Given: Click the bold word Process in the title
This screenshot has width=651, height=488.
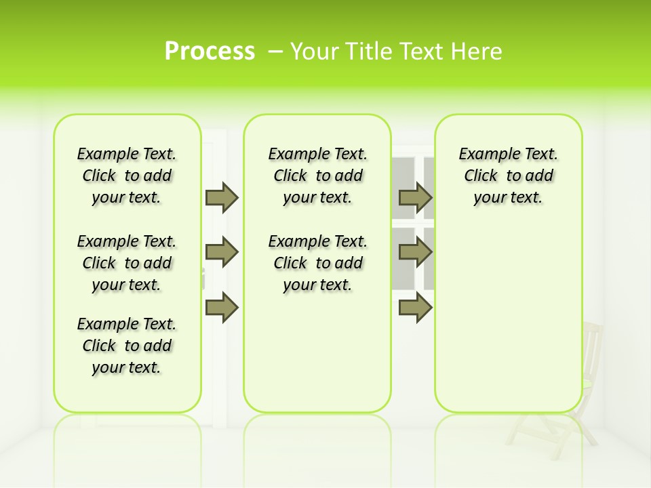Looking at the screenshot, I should click(x=210, y=52).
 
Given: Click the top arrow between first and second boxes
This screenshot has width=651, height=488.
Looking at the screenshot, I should click(x=222, y=198).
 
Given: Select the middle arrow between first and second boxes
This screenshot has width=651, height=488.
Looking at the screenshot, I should click(x=222, y=253).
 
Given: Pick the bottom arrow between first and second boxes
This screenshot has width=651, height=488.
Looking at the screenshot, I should click(x=222, y=307).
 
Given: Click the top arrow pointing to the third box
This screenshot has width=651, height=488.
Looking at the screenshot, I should click(x=415, y=198).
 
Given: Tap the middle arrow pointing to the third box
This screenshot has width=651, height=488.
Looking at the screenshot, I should click(x=415, y=253).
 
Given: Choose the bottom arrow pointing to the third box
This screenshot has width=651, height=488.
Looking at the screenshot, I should click(x=415, y=307).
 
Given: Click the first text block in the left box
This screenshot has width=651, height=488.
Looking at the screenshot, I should click(x=127, y=176).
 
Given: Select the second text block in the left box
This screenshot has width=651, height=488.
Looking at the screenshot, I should click(x=127, y=263).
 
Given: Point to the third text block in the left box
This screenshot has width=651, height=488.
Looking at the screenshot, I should click(x=127, y=346).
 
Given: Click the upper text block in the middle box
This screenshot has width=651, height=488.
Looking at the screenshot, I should click(x=317, y=176).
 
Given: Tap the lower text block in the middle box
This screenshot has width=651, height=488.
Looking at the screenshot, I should click(x=317, y=263).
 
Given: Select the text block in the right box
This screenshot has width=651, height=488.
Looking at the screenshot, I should click(x=508, y=176).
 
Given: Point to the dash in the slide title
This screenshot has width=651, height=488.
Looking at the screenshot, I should click(x=275, y=52).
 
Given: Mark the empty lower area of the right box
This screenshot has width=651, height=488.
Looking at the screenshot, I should click(x=508, y=312).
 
